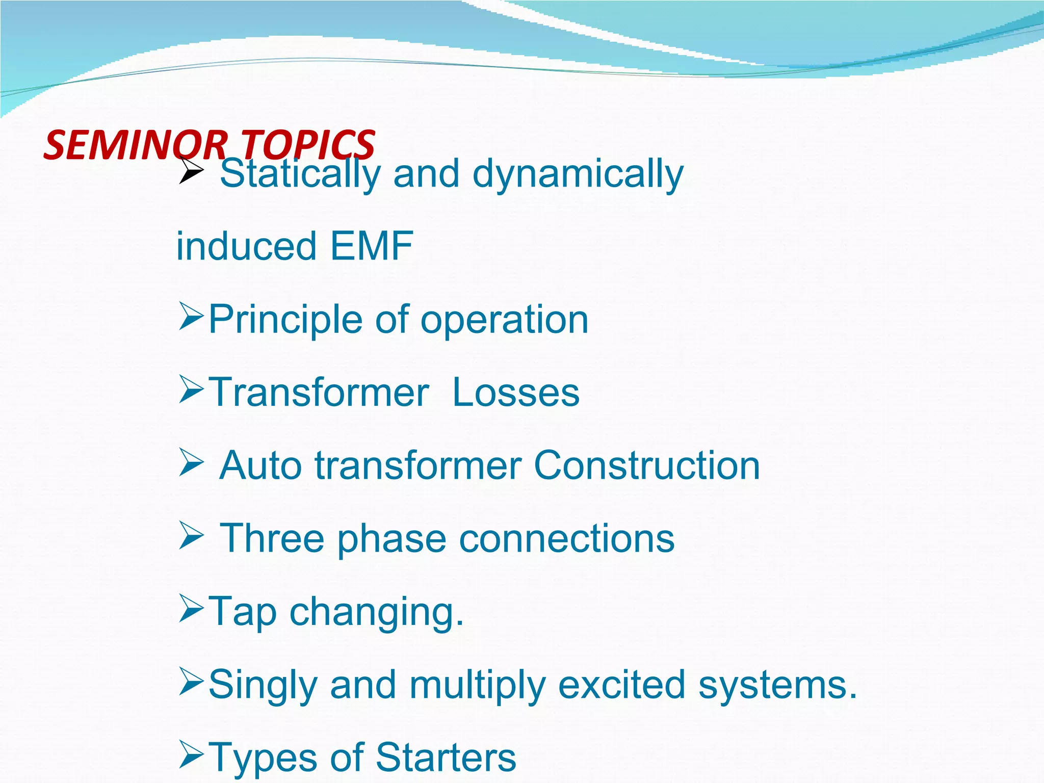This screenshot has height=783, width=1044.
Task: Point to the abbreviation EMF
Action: pyautogui.click(x=372, y=246)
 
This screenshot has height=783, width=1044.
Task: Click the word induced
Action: pyautogui.click(x=247, y=246)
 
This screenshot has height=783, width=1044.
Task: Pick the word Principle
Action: pyautogui.click(x=285, y=320)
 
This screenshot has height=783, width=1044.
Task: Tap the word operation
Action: pyautogui.click(x=504, y=320)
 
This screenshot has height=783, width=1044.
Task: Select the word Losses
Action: pyautogui.click(x=516, y=393)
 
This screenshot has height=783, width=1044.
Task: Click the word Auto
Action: pyautogui.click(x=260, y=466)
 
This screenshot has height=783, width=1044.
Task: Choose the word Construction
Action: pyautogui.click(x=647, y=466)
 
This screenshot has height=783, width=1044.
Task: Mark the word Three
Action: pyautogui.click(x=272, y=539)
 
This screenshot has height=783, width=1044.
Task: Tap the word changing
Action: pyautogui.click(x=377, y=612)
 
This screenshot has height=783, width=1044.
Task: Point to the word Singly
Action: pyautogui.click(x=263, y=685)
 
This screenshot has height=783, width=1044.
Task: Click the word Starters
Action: pyautogui.click(x=446, y=758)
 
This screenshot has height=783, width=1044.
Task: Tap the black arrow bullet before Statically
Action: pyautogui.click(x=192, y=170)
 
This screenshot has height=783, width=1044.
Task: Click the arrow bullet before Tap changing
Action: pyautogui.click(x=192, y=610)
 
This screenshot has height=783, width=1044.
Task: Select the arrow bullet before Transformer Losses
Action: pyautogui.click(x=192, y=390)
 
